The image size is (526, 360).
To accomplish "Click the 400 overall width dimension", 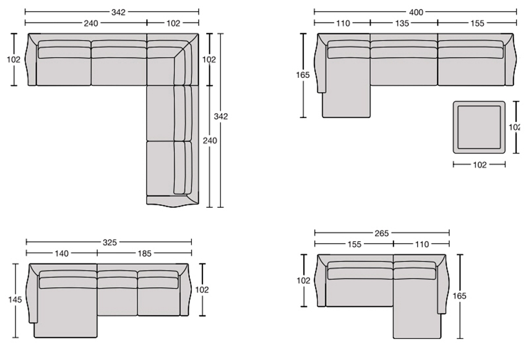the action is click(416, 12).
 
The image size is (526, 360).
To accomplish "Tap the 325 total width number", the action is click(110, 242).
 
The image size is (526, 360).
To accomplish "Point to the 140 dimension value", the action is click(62, 254).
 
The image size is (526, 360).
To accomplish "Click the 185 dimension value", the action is click(145, 254).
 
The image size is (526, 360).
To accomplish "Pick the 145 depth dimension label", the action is click(15, 299).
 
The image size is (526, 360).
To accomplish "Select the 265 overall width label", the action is click(382, 233).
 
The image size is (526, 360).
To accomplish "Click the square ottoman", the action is click(479, 127).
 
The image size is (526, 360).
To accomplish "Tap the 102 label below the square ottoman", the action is click(480, 165).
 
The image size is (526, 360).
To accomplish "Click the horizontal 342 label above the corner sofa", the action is click(118, 12).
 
